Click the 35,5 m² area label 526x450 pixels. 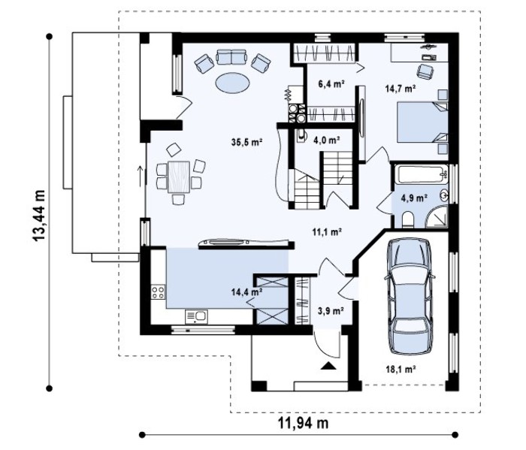(x=246, y=142)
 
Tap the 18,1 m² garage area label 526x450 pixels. (x=401, y=370)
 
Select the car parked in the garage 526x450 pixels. (x=410, y=296)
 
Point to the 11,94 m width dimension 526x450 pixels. (x=303, y=423)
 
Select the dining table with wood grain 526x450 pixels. (x=179, y=177)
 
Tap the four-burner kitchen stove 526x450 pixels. (x=158, y=291)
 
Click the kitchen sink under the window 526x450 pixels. (x=196, y=316)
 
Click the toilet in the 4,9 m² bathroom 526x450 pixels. (x=408, y=219)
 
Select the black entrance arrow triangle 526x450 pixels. (x=328, y=366)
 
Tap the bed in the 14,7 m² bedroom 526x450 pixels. (x=422, y=122)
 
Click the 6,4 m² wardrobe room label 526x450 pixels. (x=331, y=83)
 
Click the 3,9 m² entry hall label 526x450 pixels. (x=330, y=311)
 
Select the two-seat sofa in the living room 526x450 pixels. (x=231, y=57)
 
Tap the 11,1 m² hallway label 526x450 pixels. (x=325, y=231)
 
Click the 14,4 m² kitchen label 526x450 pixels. (x=246, y=291)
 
